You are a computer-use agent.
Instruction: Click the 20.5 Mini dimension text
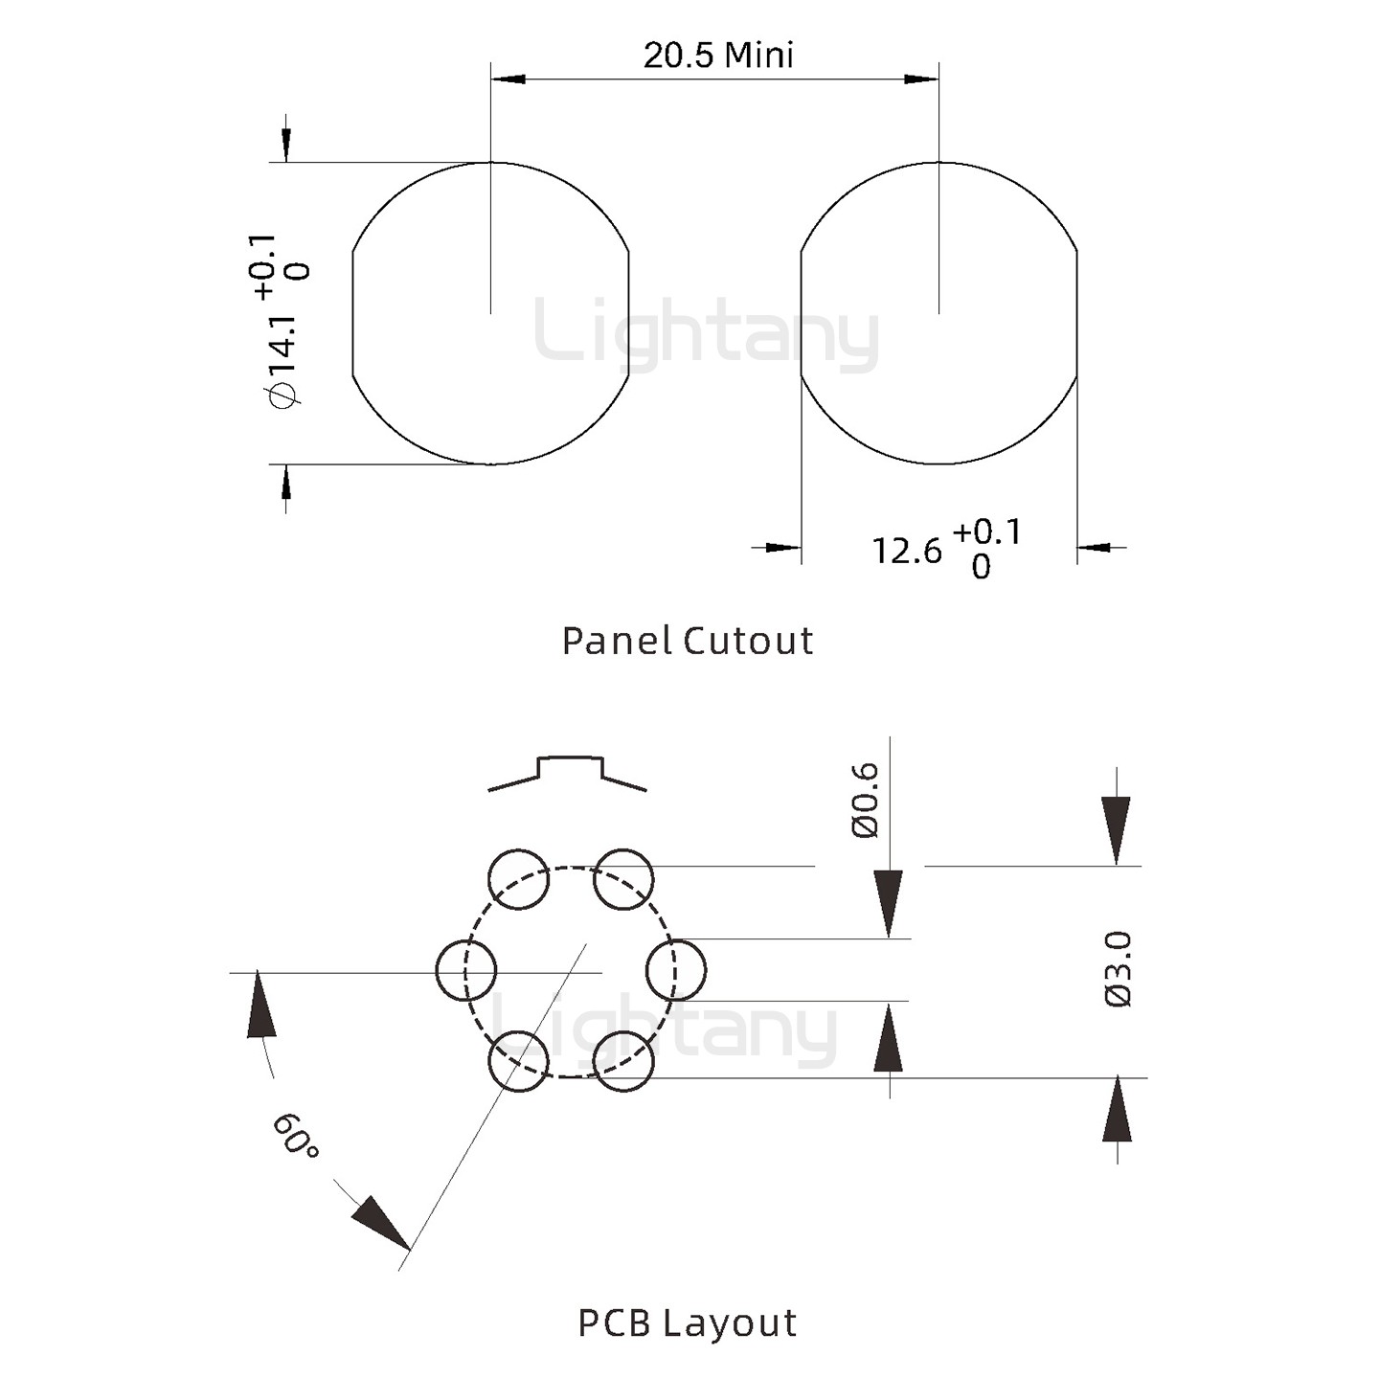(x=718, y=56)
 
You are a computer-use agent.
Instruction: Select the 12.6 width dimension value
(x=906, y=552)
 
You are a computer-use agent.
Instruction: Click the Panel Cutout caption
(x=688, y=641)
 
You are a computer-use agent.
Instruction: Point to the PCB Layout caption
(x=688, y=1323)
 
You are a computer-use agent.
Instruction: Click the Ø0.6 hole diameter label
(x=865, y=801)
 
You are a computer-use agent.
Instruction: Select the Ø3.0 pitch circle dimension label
(x=1119, y=969)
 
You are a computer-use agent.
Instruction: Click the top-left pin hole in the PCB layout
(x=519, y=879)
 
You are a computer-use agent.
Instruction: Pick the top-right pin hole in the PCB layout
(x=623, y=879)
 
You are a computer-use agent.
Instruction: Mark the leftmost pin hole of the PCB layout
(x=466, y=970)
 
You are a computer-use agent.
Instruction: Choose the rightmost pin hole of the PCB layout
(x=676, y=970)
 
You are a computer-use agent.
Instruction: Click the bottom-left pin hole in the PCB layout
(x=519, y=1061)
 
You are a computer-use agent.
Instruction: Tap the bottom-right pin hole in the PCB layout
(x=623, y=1061)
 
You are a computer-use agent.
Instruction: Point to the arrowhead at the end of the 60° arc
(x=380, y=1223)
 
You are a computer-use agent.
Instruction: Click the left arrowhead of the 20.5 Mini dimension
(x=509, y=79)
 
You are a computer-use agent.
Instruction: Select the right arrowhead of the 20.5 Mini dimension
(x=921, y=79)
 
